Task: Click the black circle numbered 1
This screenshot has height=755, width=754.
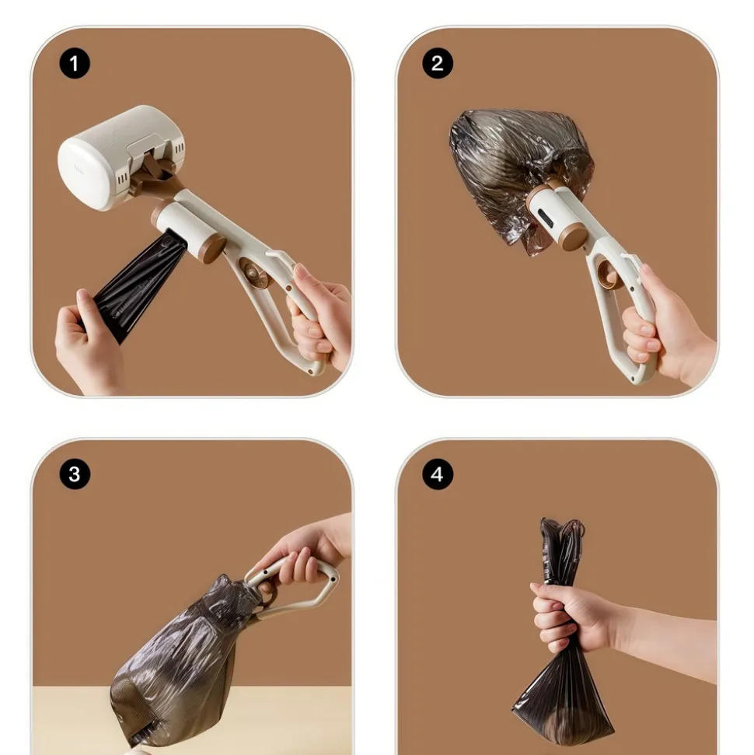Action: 75,63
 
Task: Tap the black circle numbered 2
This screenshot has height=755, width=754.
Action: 438,63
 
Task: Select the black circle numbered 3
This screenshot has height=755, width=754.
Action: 75,474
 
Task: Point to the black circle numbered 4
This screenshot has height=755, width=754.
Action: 438,474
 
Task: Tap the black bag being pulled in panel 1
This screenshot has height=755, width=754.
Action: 138,284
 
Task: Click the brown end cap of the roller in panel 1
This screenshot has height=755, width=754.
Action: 214,249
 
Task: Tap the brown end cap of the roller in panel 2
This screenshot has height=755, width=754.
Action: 574,236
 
